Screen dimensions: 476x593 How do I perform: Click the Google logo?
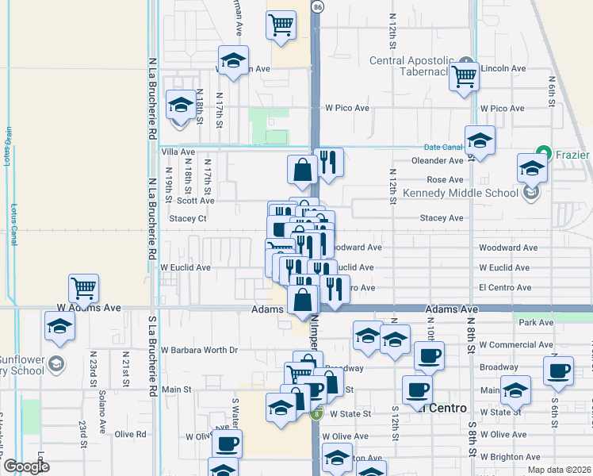[25, 466]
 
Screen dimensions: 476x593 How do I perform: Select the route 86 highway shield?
[318, 6]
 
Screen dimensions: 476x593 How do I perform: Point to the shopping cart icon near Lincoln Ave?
[464, 77]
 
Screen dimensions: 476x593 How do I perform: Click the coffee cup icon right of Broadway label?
[557, 370]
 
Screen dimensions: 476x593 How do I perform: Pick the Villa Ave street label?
[178, 152]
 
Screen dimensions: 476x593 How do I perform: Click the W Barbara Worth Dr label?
[199, 349]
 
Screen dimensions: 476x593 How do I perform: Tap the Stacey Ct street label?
[188, 218]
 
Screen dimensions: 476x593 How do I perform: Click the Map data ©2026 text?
[560, 470]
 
